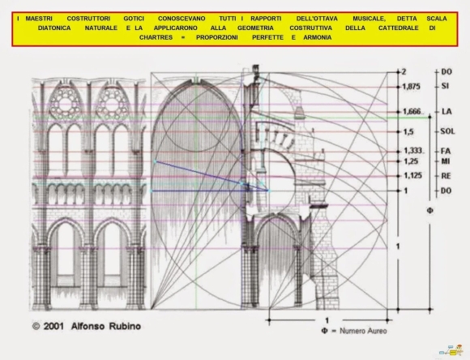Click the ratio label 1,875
(x=411, y=87)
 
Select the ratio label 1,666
(x=412, y=112)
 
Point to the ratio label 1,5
(x=408, y=131)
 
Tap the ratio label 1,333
(x=412, y=151)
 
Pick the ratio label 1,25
(x=411, y=161)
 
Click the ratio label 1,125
(x=412, y=175)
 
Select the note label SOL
(x=447, y=131)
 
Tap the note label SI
(x=445, y=86)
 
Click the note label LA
(x=446, y=112)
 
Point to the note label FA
(x=446, y=151)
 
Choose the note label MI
(x=446, y=161)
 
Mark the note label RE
(x=446, y=175)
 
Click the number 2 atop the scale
(x=404, y=71)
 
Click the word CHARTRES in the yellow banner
(x=156, y=37)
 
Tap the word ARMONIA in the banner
(x=318, y=37)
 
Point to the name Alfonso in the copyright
(x=88, y=326)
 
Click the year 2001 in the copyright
(x=53, y=326)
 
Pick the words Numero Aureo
(x=363, y=331)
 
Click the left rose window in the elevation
(x=65, y=104)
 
